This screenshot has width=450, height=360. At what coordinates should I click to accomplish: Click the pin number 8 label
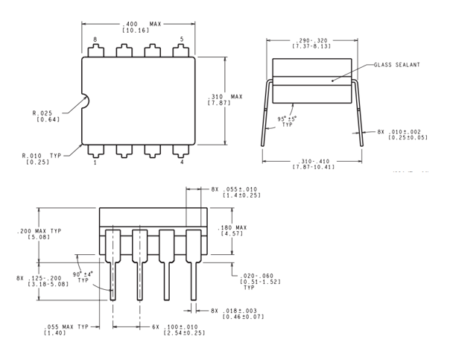pyautogui.click(x=95, y=39)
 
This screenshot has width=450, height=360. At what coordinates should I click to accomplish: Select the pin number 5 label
pyautogui.click(x=182, y=39)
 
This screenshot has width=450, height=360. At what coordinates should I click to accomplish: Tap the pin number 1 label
pyautogui.click(x=95, y=162)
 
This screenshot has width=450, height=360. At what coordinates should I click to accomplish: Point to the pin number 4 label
pyautogui.click(x=182, y=162)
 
